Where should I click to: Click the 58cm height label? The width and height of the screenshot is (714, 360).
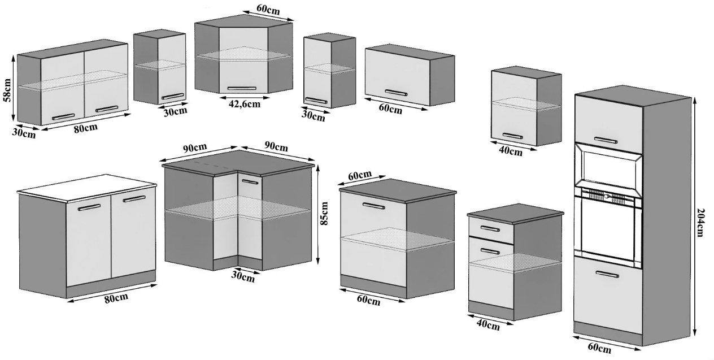pos(7,90)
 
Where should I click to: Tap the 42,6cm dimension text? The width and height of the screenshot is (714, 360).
pos(245,104)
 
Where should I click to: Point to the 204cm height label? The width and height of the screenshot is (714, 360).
pos(700,223)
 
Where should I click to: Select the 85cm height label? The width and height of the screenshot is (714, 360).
pos(324,213)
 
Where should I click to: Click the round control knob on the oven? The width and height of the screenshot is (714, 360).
pos(606,197)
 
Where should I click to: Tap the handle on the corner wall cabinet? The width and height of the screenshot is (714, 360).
pos(242,88)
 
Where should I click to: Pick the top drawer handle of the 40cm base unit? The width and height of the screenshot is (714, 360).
pos(490,229)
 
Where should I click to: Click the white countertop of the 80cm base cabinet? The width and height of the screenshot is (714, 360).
pos(86,188)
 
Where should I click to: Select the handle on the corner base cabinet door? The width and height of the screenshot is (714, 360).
pos(250,182)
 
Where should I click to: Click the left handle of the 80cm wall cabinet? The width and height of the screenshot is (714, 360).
pos(63,117)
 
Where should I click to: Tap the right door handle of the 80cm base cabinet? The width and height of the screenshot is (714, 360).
pos(134,199)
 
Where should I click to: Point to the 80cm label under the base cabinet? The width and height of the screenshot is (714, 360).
pos(116,298)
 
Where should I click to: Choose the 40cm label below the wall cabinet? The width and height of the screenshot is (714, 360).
pos(511,151)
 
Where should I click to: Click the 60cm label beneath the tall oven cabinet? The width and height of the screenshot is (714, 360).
pos(599,348)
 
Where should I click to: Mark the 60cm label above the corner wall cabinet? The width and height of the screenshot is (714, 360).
pos(268,10)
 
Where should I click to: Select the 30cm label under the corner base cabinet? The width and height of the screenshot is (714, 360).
pos(243,277)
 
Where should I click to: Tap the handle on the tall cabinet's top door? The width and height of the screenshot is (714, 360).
pos(606,140)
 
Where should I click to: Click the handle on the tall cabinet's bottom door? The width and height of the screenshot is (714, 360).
pos(607,274)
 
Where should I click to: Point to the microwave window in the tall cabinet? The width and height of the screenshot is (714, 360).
pos(608,170)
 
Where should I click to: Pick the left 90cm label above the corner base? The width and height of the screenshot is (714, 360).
pos(195,148)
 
